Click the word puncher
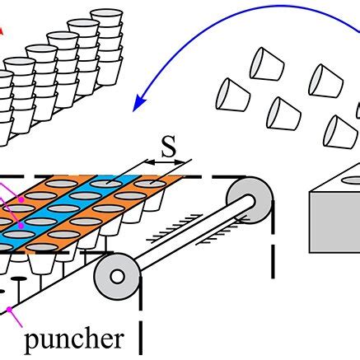74,339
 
